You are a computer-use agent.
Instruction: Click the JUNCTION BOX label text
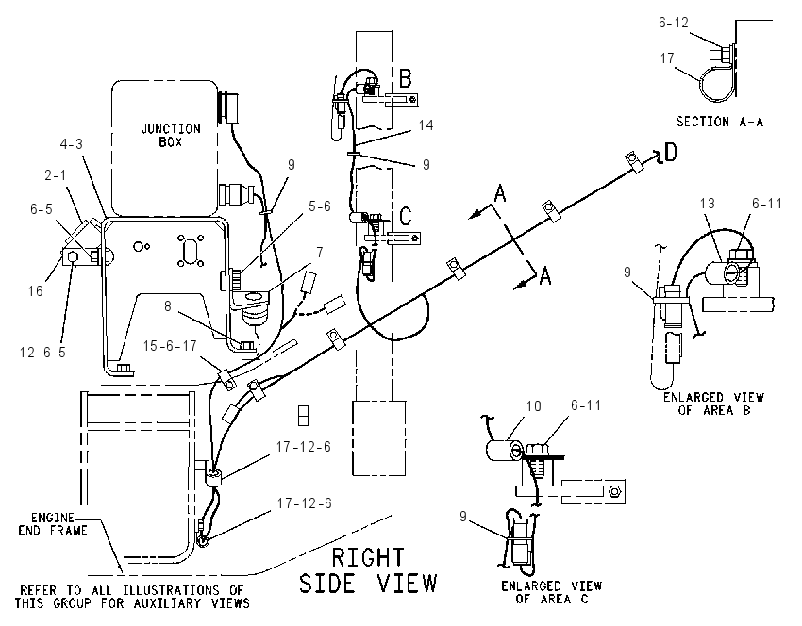171,136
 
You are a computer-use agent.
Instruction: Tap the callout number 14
426,125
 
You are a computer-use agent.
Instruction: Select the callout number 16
35,290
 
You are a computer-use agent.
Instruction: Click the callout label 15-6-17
170,346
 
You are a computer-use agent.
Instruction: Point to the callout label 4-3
71,144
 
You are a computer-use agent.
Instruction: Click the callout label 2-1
56,175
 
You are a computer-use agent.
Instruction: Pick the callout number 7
320,252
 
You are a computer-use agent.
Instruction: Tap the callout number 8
167,306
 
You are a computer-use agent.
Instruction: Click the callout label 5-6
320,206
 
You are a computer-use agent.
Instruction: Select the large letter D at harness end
670,152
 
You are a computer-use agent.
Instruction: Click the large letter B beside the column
405,79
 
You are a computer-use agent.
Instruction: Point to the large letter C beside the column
405,216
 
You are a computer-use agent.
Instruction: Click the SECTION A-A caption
720,122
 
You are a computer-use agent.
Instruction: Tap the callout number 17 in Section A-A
667,58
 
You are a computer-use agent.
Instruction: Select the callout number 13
707,204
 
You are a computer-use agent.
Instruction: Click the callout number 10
533,405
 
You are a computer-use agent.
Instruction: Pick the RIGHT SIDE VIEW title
368,570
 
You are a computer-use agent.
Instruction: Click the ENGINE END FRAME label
52,524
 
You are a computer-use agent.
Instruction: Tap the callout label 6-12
673,23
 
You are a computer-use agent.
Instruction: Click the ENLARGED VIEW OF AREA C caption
551,592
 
